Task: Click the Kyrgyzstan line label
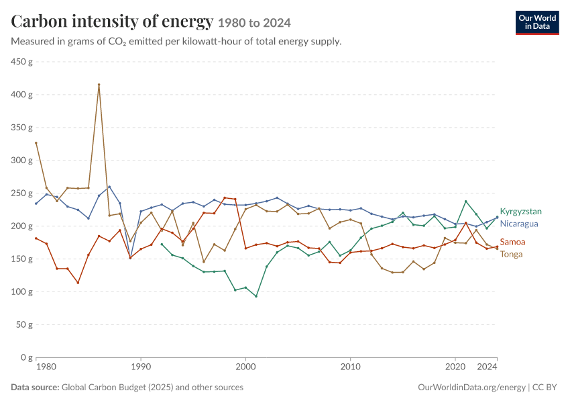[520, 212]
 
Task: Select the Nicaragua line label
[519, 224]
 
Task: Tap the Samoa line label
[512, 242]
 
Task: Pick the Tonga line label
[511, 254]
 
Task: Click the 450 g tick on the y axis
[21, 62]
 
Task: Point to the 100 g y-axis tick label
[21, 292]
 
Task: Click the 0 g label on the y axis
[25, 357]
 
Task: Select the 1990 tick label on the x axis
[141, 367]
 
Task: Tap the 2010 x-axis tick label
[351, 367]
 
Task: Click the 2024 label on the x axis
[487, 367]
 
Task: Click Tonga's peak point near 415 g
[99, 85]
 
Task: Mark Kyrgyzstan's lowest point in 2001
[256, 296]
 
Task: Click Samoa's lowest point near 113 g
[78, 283]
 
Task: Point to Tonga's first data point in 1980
[36, 143]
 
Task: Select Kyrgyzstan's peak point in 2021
[465, 201]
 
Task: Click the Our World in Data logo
[537, 23]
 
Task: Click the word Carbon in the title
[39, 21]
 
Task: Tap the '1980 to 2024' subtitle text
[254, 23]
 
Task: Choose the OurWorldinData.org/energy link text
[472, 388]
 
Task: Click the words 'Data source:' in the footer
[35, 387]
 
